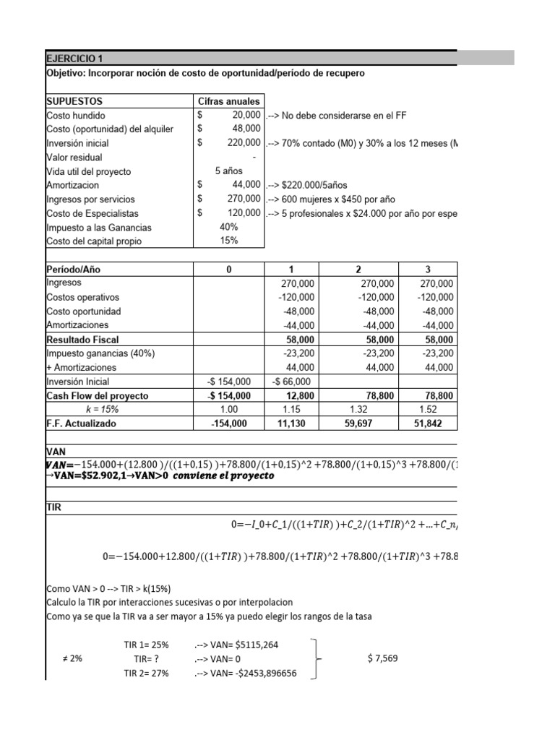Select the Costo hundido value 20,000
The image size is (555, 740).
[246, 116]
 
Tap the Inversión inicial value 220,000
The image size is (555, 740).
[243, 143]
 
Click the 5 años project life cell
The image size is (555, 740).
[228, 171]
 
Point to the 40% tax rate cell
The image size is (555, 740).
[228, 227]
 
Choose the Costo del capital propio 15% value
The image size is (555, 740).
[228, 241]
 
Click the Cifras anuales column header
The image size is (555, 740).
[228, 102]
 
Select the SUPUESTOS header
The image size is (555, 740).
[74, 102]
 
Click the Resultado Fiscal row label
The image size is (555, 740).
[82, 339]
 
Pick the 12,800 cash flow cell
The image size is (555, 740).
[299, 395]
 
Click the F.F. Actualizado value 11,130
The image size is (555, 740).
[299, 423]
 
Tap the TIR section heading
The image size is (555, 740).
[54, 508]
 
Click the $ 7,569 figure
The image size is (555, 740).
[382, 658]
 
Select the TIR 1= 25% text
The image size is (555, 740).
[147, 644]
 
